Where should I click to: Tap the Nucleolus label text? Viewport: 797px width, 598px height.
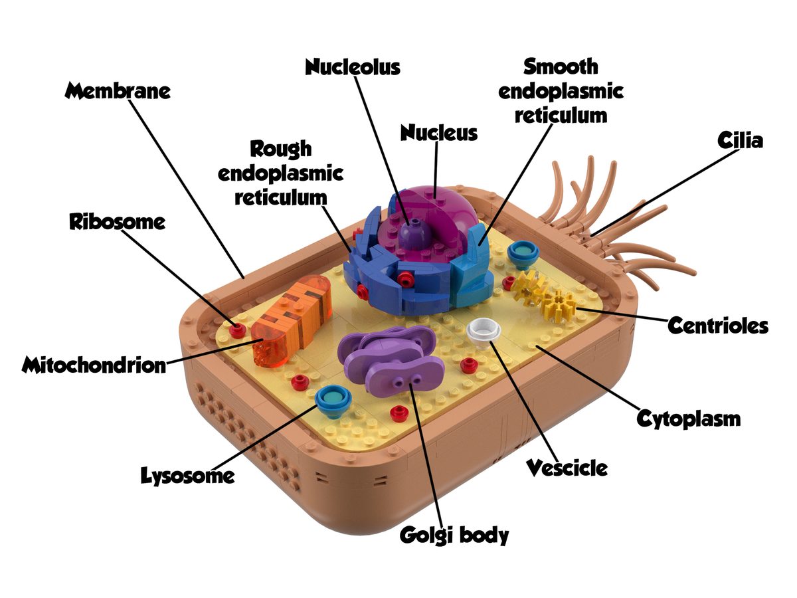353,66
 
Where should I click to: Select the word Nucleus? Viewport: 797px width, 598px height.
438,132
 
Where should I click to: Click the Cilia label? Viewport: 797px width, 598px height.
741,140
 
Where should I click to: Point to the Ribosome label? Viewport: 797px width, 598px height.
117,221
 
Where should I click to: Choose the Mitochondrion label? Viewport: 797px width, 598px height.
93,364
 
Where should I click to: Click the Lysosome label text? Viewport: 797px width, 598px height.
187,475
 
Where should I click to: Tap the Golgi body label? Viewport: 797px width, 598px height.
454,534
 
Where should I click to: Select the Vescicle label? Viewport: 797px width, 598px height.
567,467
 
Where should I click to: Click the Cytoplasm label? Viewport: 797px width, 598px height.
688,419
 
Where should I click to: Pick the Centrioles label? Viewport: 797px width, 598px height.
717,326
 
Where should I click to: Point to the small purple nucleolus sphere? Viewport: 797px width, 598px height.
414,233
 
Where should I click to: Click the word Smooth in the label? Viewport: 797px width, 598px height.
561,66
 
